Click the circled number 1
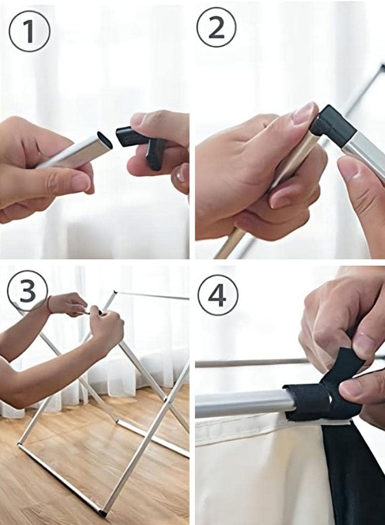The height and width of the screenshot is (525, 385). (x=29, y=31)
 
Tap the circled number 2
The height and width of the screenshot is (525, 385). (x=216, y=27)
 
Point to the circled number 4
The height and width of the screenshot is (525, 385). (x=218, y=295)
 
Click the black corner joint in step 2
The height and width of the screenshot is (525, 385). (x=332, y=126)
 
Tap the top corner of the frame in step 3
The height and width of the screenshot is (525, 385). (x=115, y=292)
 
